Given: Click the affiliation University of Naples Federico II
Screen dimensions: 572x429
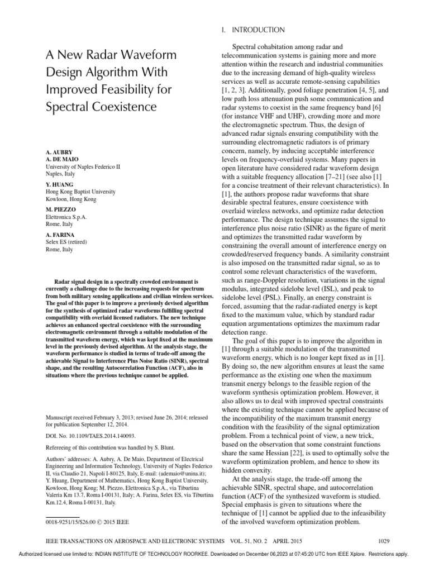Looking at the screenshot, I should tap(82, 166).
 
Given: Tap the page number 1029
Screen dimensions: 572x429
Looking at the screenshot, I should tap(383, 541).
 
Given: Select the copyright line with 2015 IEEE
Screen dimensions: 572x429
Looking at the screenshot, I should tap(87, 522).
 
